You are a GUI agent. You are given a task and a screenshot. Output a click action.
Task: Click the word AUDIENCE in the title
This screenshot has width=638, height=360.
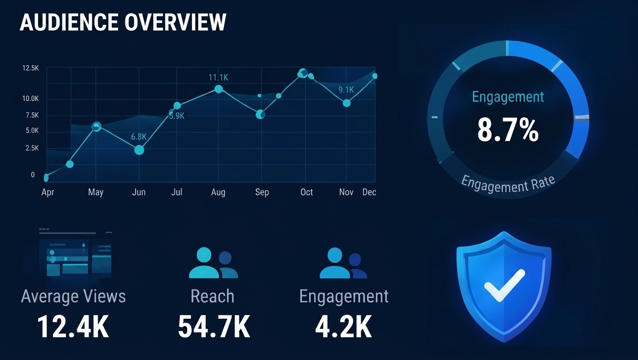pyautogui.click(x=69, y=22)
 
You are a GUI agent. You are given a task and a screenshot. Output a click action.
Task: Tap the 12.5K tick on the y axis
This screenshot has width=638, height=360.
pyautogui.click(x=31, y=68)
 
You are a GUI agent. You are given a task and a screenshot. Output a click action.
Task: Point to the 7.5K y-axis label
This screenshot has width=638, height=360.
pyautogui.click(x=32, y=115)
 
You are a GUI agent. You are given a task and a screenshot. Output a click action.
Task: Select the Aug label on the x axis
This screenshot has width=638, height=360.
pyautogui.click(x=218, y=192)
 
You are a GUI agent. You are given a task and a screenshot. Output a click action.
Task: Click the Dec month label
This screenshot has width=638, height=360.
pyautogui.click(x=369, y=192)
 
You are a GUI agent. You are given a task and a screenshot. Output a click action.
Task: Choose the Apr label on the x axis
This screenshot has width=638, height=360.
pyautogui.click(x=48, y=192)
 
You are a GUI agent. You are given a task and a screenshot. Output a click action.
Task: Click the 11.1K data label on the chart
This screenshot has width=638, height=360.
pyautogui.click(x=218, y=77)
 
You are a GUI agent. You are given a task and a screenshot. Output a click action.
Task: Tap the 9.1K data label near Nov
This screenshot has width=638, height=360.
pyautogui.click(x=346, y=90)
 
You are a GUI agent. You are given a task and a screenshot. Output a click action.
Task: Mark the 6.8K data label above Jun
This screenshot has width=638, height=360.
pyautogui.click(x=139, y=137)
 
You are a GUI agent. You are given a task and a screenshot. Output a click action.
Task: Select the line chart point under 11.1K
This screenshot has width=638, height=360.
pyautogui.click(x=219, y=89)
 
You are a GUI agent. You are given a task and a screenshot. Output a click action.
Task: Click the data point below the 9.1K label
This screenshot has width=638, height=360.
pyautogui.click(x=347, y=103)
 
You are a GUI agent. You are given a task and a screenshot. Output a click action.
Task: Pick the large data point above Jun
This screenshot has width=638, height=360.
pyautogui.click(x=139, y=150)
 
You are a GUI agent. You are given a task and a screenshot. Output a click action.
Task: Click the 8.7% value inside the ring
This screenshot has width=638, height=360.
pyautogui.click(x=508, y=130)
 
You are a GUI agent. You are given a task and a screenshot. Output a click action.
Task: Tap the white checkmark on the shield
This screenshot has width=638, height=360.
pyautogui.click(x=504, y=285)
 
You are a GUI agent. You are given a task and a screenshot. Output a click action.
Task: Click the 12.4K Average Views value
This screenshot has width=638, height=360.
pyautogui.click(x=73, y=326)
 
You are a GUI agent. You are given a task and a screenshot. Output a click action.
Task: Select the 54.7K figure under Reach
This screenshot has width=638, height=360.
pyautogui.click(x=214, y=326)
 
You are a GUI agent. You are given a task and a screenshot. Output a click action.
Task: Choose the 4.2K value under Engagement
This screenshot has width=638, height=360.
pyautogui.click(x=343, y=326)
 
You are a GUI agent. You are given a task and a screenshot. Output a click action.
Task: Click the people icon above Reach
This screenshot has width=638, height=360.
pyautogui.click(x=213, y=263)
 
